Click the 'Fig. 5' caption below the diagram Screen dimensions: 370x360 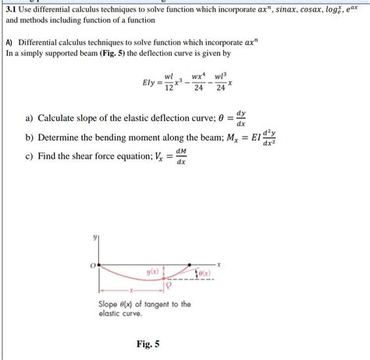point(147,340)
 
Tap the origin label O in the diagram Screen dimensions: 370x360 point(92,266)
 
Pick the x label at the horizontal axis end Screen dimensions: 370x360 point(219,266)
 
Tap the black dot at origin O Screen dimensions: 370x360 point(99,266)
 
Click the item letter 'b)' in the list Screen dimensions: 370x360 point(29,137)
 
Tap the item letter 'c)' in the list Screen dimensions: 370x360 point(29,156)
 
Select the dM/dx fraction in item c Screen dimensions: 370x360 point(181,156)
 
